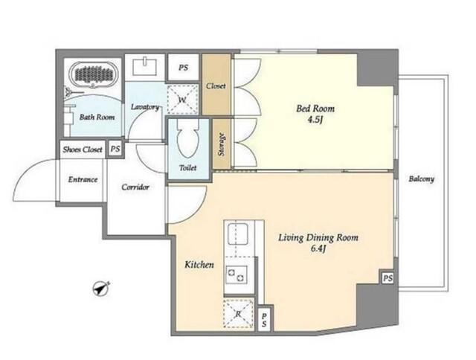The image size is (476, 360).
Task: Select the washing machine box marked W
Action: coord(182,99)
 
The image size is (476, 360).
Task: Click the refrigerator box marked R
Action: coord(238,314)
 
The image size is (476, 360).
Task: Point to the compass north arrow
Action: coord(101,288)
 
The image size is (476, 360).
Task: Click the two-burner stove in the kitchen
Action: coord(237,274)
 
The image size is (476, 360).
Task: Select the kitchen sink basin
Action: coord(238,234)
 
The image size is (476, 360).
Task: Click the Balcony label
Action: coord(422,179)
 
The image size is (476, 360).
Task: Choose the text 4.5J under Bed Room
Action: coord(315,120)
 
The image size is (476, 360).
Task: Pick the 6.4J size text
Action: coord(318,249)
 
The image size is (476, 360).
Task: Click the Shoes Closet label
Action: coord(83,150)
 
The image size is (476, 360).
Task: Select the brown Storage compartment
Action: coord(222,144)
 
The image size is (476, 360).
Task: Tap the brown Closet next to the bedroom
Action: coord(216,85)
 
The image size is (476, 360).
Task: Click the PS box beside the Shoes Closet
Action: coord(115,149)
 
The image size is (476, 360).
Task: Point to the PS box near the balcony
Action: coord(387,278)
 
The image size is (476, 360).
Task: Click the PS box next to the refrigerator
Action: coord(264,320)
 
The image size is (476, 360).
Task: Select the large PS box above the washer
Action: coord(184,68)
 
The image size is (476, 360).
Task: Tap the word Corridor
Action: coord(135,187)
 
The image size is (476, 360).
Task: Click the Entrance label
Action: coord(83,179)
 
